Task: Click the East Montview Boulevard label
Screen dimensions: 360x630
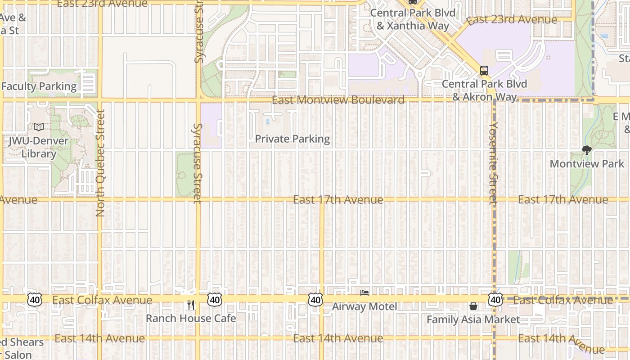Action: pyautogui.click(x=338, y=100)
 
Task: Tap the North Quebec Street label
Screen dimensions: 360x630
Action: pyautogui.click(x=100, y=163)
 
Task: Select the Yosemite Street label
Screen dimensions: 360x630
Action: pyautogui.click(x=494, y=163)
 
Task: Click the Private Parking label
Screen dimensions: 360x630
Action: pyautogui.click(x=292, y=139)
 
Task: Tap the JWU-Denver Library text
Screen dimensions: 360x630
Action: pyautogui.click(x=38, y=147)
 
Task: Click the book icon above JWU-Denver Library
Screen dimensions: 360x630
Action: pyautogui.click(x=39, y=127)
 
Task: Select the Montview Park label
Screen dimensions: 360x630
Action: pyautogui.click(x=587, y=163)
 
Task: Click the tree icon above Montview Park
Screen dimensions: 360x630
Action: pyautogui.click(x=586, y=150)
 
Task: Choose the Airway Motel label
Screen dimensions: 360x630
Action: pyautogui.click(x=364, y=306)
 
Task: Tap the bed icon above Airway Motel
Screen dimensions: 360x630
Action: pyautogui.click(x=364, y=293)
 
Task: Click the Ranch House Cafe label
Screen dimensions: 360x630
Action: pyautogui.click(x=191, y=318)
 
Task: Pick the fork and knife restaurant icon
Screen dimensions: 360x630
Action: pyautogui.click(x=191, y=305)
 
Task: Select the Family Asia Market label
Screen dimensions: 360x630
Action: pyautogui.click(x=473, y=319)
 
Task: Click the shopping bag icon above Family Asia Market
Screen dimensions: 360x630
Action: pyautogui.click(x=473, y=306)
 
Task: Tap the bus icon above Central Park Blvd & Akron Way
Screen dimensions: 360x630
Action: pyautogui.click(x=484, y=70)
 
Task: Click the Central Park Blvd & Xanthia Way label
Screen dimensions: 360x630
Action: pyautogui.click(x=413, y=19)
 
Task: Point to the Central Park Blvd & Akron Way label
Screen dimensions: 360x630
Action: pyautogui.click(x=479, y=90)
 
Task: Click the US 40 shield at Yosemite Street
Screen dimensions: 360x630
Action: pyautogui.click(x=495, y=299)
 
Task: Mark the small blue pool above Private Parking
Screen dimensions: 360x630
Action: pyautogui.click(x=268, y=121)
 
